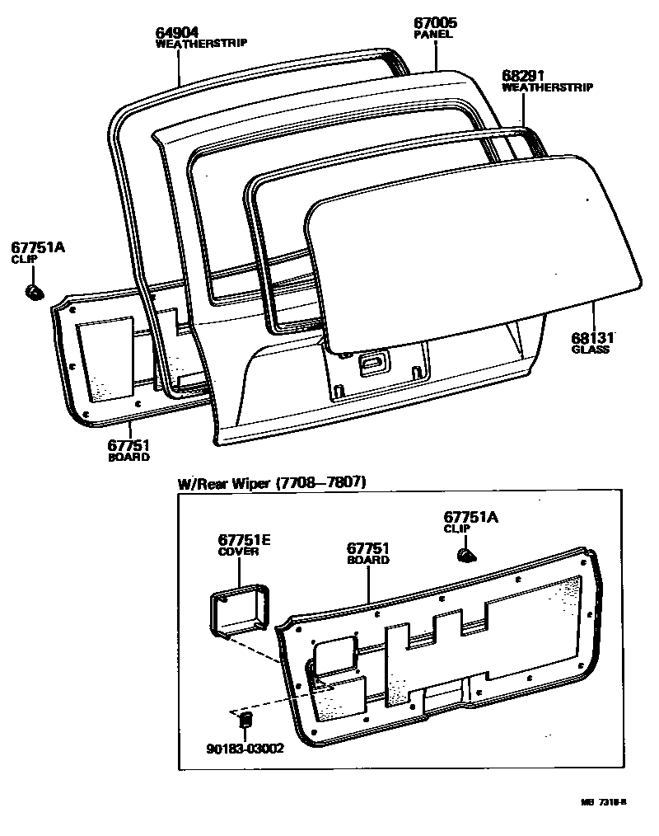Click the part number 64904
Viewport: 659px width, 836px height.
(177, 33)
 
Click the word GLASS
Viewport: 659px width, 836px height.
(591, 350)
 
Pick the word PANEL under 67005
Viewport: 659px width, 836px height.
(433, 35)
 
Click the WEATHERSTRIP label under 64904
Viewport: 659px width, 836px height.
(202, 44)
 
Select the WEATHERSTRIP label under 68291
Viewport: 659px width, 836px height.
(547, 87)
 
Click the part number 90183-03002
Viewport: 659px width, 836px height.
(245, 749)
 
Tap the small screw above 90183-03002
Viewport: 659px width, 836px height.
(244, 721)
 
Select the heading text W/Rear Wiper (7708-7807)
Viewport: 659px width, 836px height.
(273, 483)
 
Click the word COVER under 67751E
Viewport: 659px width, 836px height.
(239, 552)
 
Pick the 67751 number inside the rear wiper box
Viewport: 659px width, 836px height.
(368, 548)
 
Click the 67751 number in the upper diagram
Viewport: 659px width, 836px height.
(129, 445)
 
